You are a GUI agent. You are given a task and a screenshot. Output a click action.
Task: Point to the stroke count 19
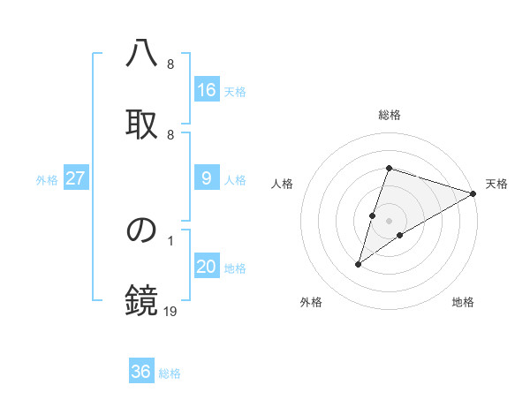(x=170, y=310)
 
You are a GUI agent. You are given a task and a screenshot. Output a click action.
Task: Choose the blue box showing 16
(x=207, y=90)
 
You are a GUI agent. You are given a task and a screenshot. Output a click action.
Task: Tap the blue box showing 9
(x=207, y=178)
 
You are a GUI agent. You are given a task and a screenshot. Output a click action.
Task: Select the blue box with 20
(x=207, y=267)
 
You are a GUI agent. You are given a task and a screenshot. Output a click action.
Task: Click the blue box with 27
(x=76, y=178)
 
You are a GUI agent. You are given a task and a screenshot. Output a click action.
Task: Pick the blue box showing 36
(x=141, y=372)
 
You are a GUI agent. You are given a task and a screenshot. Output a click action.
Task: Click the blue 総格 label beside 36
(x=170, y=373)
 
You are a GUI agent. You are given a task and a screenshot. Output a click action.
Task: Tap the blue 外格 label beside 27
(x=47, y=180)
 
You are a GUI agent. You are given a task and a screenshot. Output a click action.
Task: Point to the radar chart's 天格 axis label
(x=496, y=184)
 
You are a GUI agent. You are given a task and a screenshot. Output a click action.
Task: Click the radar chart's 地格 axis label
(x=463, y=302)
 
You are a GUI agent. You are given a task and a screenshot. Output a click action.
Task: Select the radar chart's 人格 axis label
(x=282, y=184)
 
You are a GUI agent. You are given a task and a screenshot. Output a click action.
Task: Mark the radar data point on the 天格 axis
(x=474, y=193)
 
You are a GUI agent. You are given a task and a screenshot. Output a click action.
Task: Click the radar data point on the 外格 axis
(x=359, y=263)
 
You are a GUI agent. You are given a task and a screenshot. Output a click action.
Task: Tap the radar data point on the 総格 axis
(x=389, y=168)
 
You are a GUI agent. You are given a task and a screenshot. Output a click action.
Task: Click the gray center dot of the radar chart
(x=389, y=221)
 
